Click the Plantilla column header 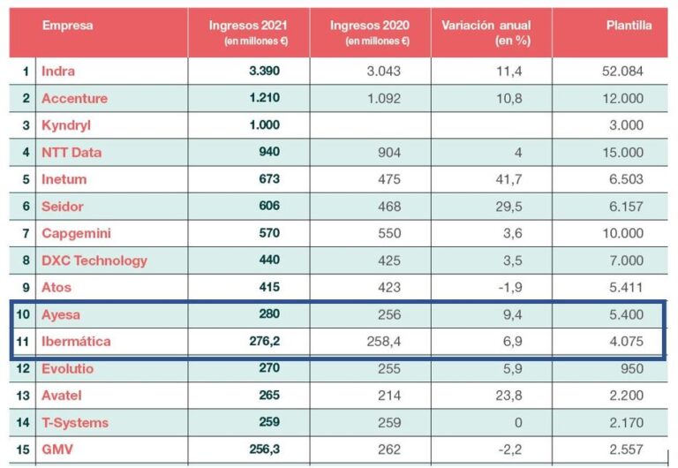tap(629, 26)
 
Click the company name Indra tap(58, 71)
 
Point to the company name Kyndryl tap(65, 125)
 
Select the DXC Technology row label tap(94, 260)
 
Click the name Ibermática tap(76, 341)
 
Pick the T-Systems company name tap(75, 422)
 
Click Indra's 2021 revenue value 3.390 tap(264, 71)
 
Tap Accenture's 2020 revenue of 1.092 tap(383, 98)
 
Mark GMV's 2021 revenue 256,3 tap(260, 449)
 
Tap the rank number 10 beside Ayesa tap(24, 314)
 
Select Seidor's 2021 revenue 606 tap(267, 206)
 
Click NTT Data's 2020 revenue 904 tap(388, 152)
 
